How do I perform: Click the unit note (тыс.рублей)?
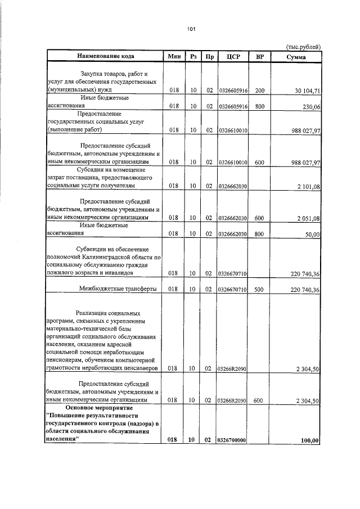pyautogui.click(x=304, y=48)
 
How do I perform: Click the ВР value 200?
pyautogui.click(x=259, y=90)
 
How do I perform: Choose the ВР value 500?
pyautogui.click(x=259, y=290)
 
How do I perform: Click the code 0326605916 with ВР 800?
pyautogui.click(x=233, y=106)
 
